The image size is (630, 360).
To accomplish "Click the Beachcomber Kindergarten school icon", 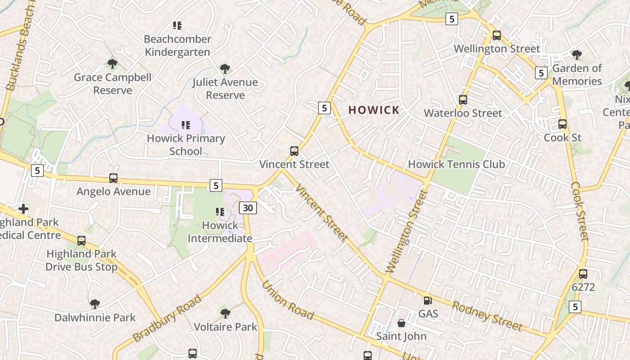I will (177, 26).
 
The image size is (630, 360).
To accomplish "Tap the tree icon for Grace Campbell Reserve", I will (112, 64).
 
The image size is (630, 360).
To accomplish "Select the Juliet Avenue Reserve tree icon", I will (225, 69).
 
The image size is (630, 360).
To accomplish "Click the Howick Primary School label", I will (186, 144).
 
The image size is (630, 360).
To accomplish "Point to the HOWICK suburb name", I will (374, 110).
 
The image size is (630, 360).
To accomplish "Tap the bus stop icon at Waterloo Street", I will (463, 100).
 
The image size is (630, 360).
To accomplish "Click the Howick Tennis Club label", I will (456, 164).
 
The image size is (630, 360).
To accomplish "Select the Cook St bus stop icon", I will (562, 124).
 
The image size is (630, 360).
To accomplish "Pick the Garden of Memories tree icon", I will (576, 55).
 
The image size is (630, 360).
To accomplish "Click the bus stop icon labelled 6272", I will (583, 274).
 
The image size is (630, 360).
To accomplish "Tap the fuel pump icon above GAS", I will (427, 300).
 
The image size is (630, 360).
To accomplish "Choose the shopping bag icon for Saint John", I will (401, 323).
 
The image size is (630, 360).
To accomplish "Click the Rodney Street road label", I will (487, 316).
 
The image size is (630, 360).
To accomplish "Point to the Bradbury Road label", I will (167, 319).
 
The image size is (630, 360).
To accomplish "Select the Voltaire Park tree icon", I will (225, 313).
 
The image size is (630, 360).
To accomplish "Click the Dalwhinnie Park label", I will (95, 317).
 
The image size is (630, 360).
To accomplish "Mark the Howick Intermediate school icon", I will (220, 211).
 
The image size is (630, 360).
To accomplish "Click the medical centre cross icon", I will (23, 209).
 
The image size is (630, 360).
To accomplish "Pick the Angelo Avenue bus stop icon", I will (113, 178).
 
